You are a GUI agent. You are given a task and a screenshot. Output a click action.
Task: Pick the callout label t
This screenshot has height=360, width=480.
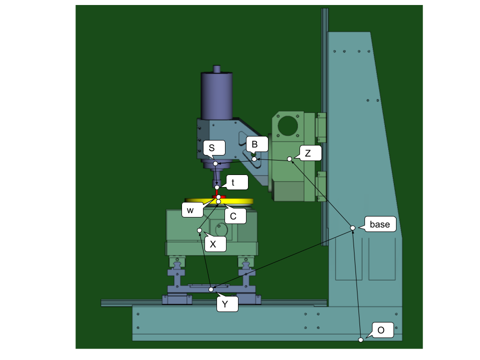tap(236, 182)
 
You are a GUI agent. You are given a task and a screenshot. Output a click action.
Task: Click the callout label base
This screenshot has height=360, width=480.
tap(380, 224)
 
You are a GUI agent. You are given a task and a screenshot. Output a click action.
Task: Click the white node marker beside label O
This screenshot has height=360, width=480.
tap(360, 340)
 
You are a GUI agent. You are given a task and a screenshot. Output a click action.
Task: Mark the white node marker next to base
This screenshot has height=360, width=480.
tap(352, 228)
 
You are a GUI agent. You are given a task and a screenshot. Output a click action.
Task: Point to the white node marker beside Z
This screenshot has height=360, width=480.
tap(289, 159)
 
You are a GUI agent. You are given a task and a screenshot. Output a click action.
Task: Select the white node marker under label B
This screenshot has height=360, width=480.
tap(254, 159)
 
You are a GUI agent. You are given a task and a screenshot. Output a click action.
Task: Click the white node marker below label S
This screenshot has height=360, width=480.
tap(215, 163)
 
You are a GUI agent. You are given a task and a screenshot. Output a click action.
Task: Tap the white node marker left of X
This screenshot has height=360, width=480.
tap(199, 230)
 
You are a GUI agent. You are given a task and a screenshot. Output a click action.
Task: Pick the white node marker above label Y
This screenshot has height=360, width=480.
tap(211, 289)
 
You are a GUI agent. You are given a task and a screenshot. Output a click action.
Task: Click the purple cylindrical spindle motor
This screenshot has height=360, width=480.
tap(216, 95)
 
